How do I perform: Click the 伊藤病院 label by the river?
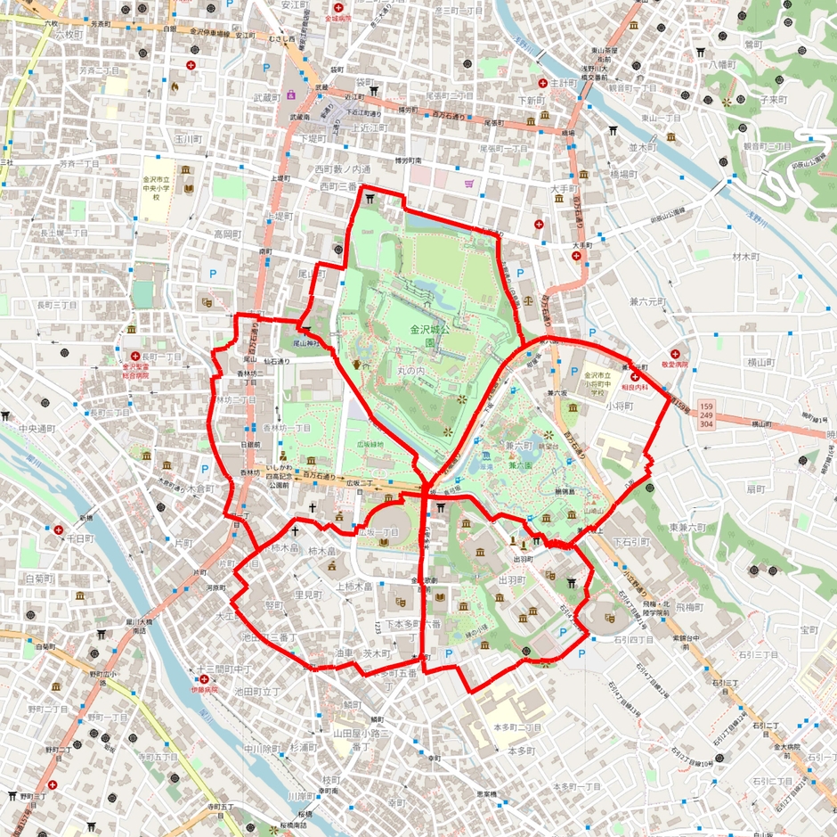[x=204, y=690]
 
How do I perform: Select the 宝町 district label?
[x=809, y=630]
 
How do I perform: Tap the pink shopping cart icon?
[x=469, y=184]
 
